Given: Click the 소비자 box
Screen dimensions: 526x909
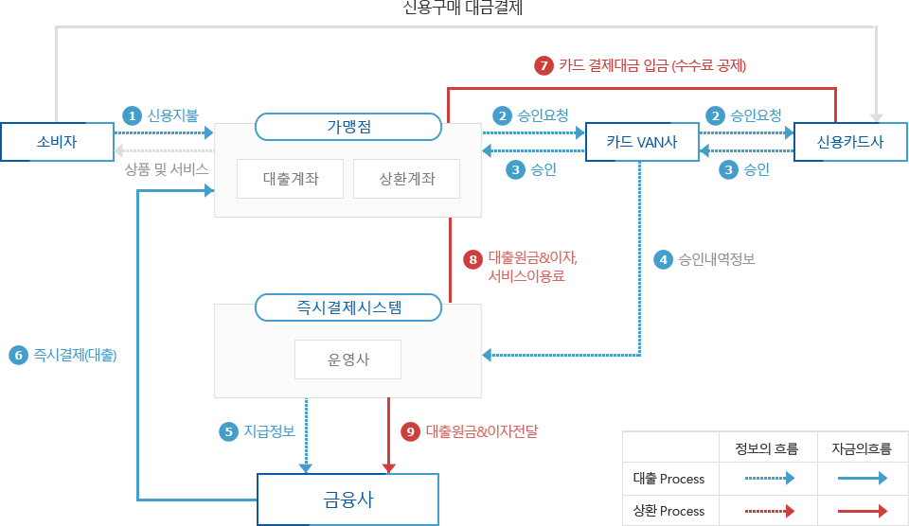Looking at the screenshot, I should coord(56,142).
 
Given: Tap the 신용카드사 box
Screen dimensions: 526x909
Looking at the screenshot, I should coord(849,142).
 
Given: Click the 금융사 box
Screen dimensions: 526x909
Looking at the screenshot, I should coord(348,499).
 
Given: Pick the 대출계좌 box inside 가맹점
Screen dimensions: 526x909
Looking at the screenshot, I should coord(290,179).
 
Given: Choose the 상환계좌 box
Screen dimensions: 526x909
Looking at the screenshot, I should coord(406,179).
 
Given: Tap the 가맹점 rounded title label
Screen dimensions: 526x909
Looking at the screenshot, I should coord(348,127).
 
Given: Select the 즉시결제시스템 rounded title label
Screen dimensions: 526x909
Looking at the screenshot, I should coord(348,307).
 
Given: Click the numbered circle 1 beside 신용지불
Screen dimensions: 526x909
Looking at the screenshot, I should coord(132,115).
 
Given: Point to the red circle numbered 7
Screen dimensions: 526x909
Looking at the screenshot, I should coord(544,66).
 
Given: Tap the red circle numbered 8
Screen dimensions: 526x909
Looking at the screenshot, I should coord(473,258).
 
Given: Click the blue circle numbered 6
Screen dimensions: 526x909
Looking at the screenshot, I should coord(17,356).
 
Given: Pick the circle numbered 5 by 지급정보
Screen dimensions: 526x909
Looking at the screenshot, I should coord(227,431).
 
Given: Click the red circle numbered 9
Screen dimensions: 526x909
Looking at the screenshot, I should coord(410,431).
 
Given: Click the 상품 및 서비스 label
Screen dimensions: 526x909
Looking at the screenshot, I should coord(166,168).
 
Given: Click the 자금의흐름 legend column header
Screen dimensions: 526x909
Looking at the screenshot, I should coord(860,447).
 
